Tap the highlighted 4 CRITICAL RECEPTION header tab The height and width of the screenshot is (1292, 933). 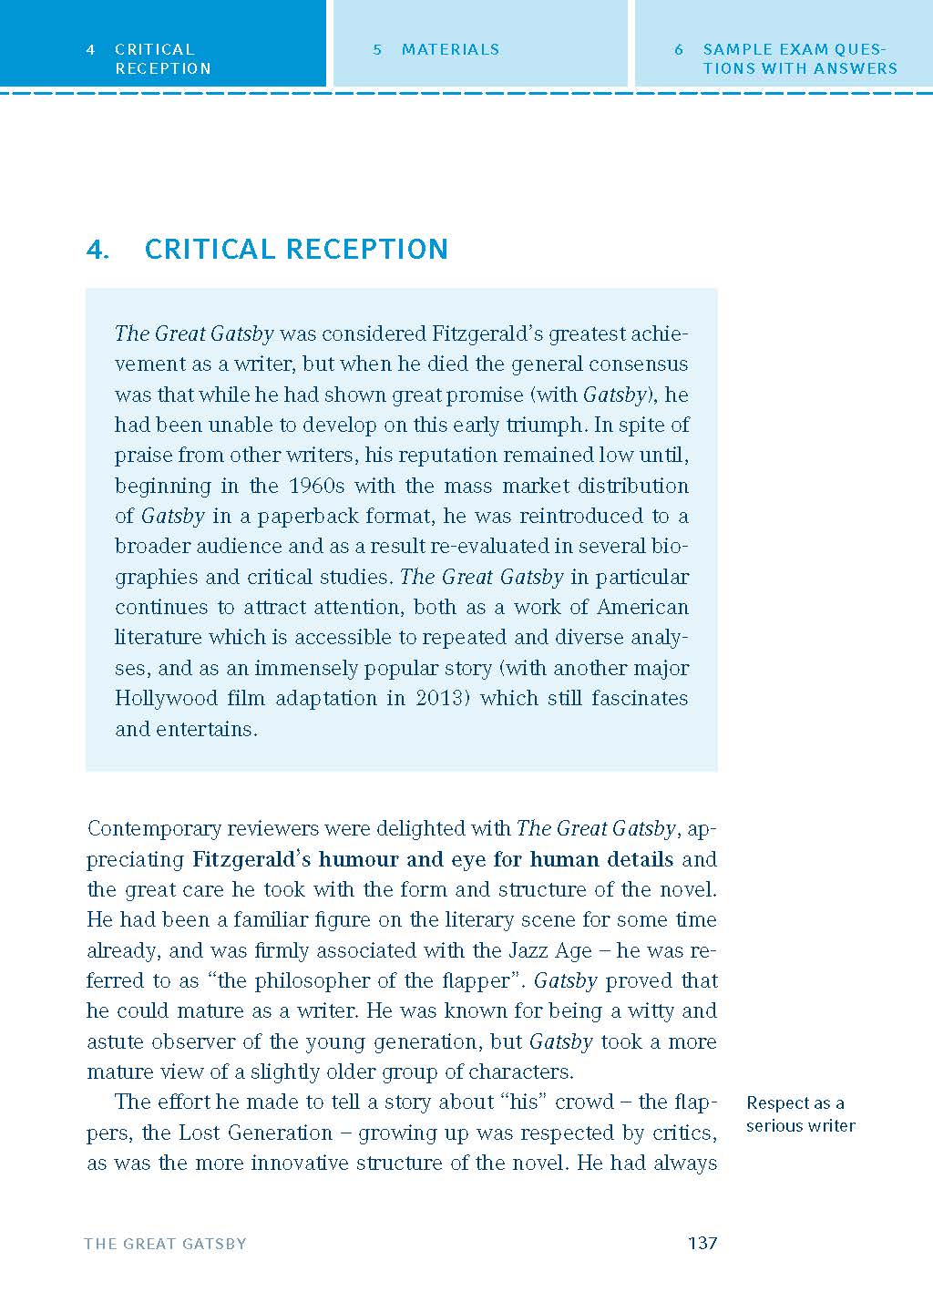(x=162, y=58)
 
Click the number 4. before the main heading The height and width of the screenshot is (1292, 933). (x=97, y=250)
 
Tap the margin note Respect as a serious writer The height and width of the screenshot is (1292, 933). (x=800, y=1114)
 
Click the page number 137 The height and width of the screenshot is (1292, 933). (x=702, y=1243)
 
